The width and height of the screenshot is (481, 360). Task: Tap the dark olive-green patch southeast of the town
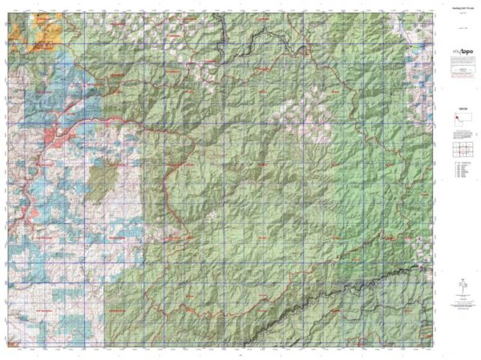click(x=103, y=175)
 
